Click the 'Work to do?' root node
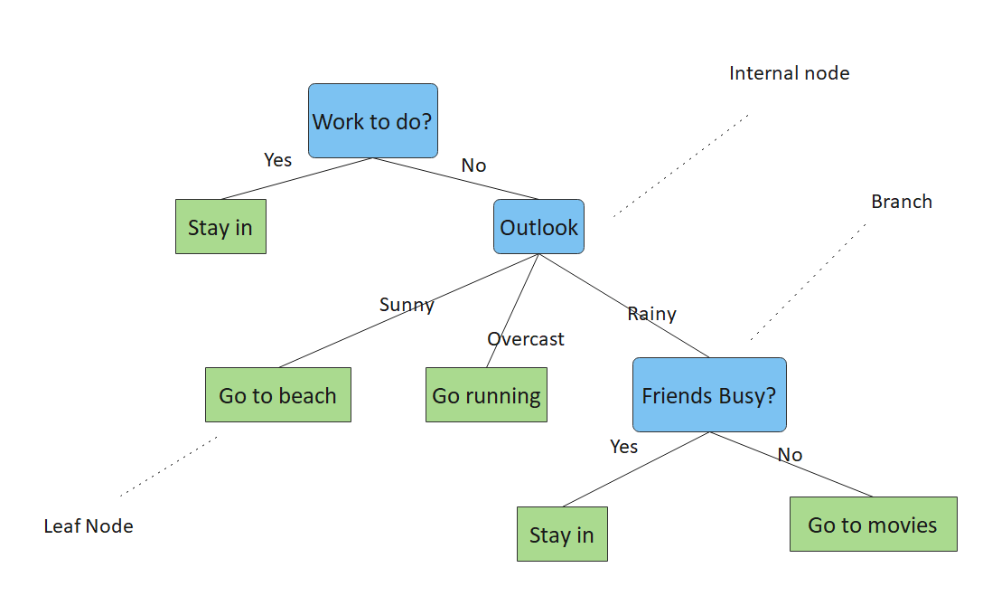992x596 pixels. click(372, 121)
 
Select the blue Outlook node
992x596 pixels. click(538, 227)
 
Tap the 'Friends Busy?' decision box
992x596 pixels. click(708, 395)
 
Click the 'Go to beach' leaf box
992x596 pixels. click(277, 395)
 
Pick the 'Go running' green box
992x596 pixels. click(486, 395)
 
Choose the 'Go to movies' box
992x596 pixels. click(872, 525)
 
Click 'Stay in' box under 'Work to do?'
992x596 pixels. click(220, 227)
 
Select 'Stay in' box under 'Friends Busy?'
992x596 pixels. click(561, 535)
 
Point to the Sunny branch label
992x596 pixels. click(407, 305)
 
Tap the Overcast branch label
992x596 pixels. click(525, 339)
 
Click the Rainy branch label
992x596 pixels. click(651, 314)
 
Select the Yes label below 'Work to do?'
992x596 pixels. click(277, 160)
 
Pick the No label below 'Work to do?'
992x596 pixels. click(473, 166)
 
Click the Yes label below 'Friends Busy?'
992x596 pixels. click(623, 447)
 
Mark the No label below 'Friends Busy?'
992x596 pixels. click(790, 455)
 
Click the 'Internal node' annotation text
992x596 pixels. click(789, 73)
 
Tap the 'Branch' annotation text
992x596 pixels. click(901, 202)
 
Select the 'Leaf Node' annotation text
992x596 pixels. click(89, 526)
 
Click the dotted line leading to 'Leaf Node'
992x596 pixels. click(169, 466)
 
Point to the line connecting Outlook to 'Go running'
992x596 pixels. click(512, 312)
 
